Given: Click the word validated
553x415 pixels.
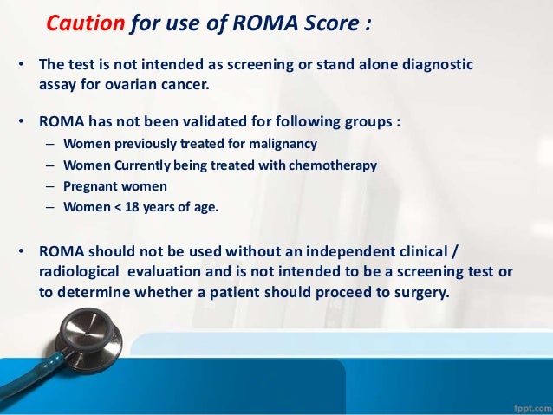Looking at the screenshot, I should pyautogui.click(x=228, y=122).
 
